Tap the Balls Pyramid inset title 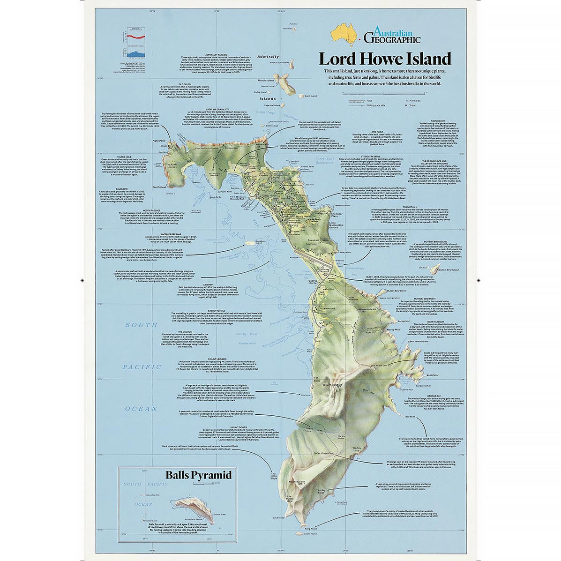click(x=198, y=475)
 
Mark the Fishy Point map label click(x=159, y=141)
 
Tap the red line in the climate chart click(x=135, y=36)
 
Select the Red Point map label click(x=410, y=416)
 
